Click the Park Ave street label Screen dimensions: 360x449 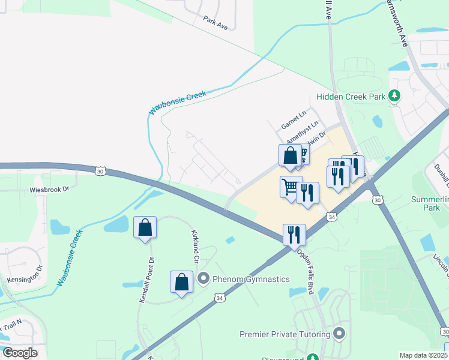coord(216,23)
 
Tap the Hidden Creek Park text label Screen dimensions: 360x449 coord(351,97)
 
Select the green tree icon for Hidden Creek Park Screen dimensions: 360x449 coord(394,95)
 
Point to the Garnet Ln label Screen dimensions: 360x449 coord(294,119)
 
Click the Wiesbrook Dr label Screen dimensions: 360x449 coord(50,188)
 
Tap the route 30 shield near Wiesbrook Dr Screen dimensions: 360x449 coord(100,171)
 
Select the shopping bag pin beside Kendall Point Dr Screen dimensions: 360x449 coord(145,228)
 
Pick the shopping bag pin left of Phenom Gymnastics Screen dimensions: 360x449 coord(181,283)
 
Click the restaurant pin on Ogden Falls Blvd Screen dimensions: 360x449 coord(294,235)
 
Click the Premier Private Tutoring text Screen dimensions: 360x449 coord(285,334)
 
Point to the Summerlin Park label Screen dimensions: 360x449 coord(429,203)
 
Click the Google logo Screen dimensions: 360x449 coord(20,353)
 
